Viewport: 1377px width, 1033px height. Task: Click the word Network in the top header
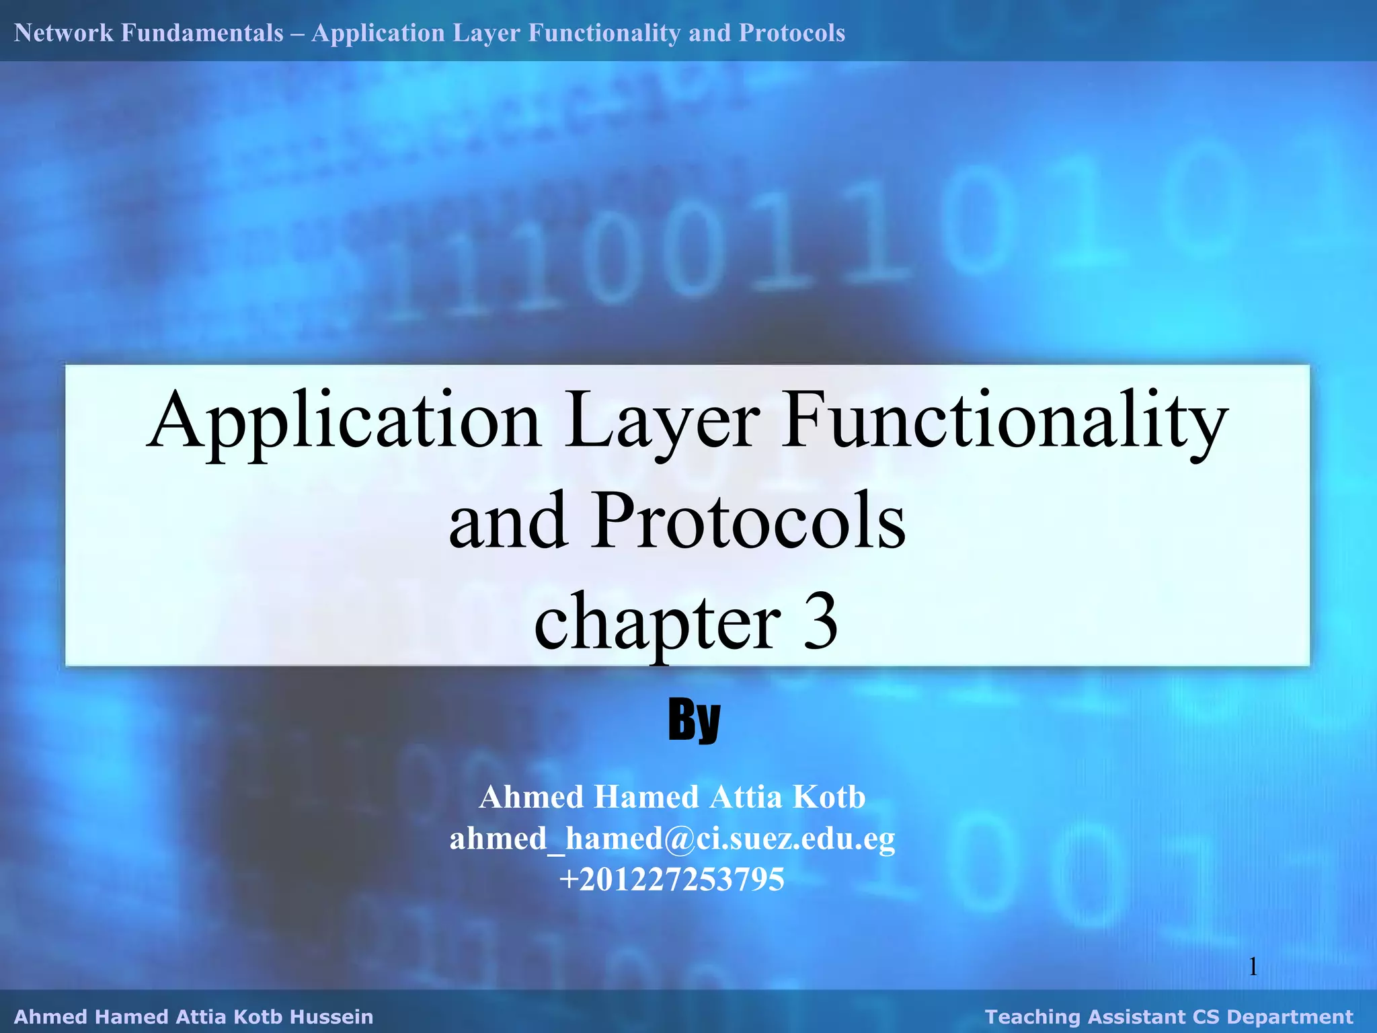coord(64,32)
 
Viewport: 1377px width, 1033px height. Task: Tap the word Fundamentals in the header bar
coord(202,32)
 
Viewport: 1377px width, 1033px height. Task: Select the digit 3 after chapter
coord(820,622)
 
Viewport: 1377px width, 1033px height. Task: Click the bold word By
coord(694,720)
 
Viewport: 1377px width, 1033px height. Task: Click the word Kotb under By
coord(828,797)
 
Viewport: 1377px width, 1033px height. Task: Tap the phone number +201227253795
coord(672,880)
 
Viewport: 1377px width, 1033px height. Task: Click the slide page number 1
coord(1253,967)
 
